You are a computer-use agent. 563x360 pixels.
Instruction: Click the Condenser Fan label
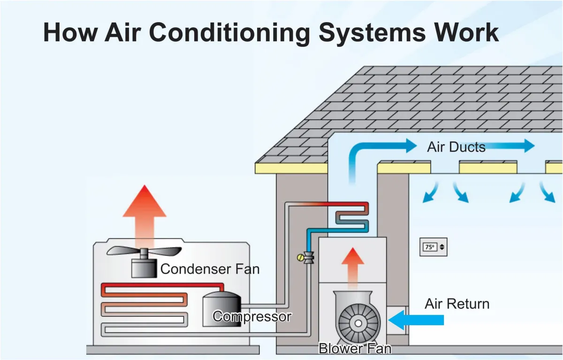tap(210, 269)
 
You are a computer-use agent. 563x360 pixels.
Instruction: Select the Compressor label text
tap(252, 316)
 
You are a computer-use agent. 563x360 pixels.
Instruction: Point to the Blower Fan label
tap(355, 349)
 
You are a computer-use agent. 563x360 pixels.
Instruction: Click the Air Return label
tap(456, 304)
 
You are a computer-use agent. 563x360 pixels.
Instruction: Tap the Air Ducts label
tap(456, 147)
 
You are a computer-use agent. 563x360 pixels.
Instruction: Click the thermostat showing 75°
tap(434, 246)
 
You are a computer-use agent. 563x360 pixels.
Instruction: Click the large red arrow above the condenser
tap(145, 211)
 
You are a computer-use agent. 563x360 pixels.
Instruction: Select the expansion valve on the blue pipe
tap(308, 258)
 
